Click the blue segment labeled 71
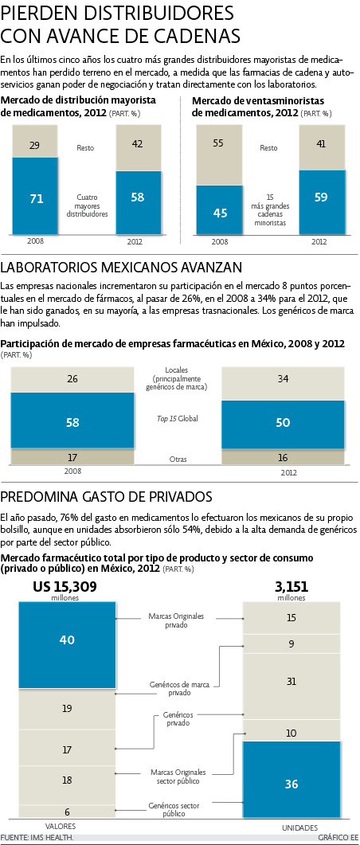point(36,198)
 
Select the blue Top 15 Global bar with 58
point(72,421)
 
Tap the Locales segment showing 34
point(282,379)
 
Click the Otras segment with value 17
point(72,457)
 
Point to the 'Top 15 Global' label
point(178,418)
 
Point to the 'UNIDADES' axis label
point(292,826)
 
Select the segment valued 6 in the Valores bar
point(66,811)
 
